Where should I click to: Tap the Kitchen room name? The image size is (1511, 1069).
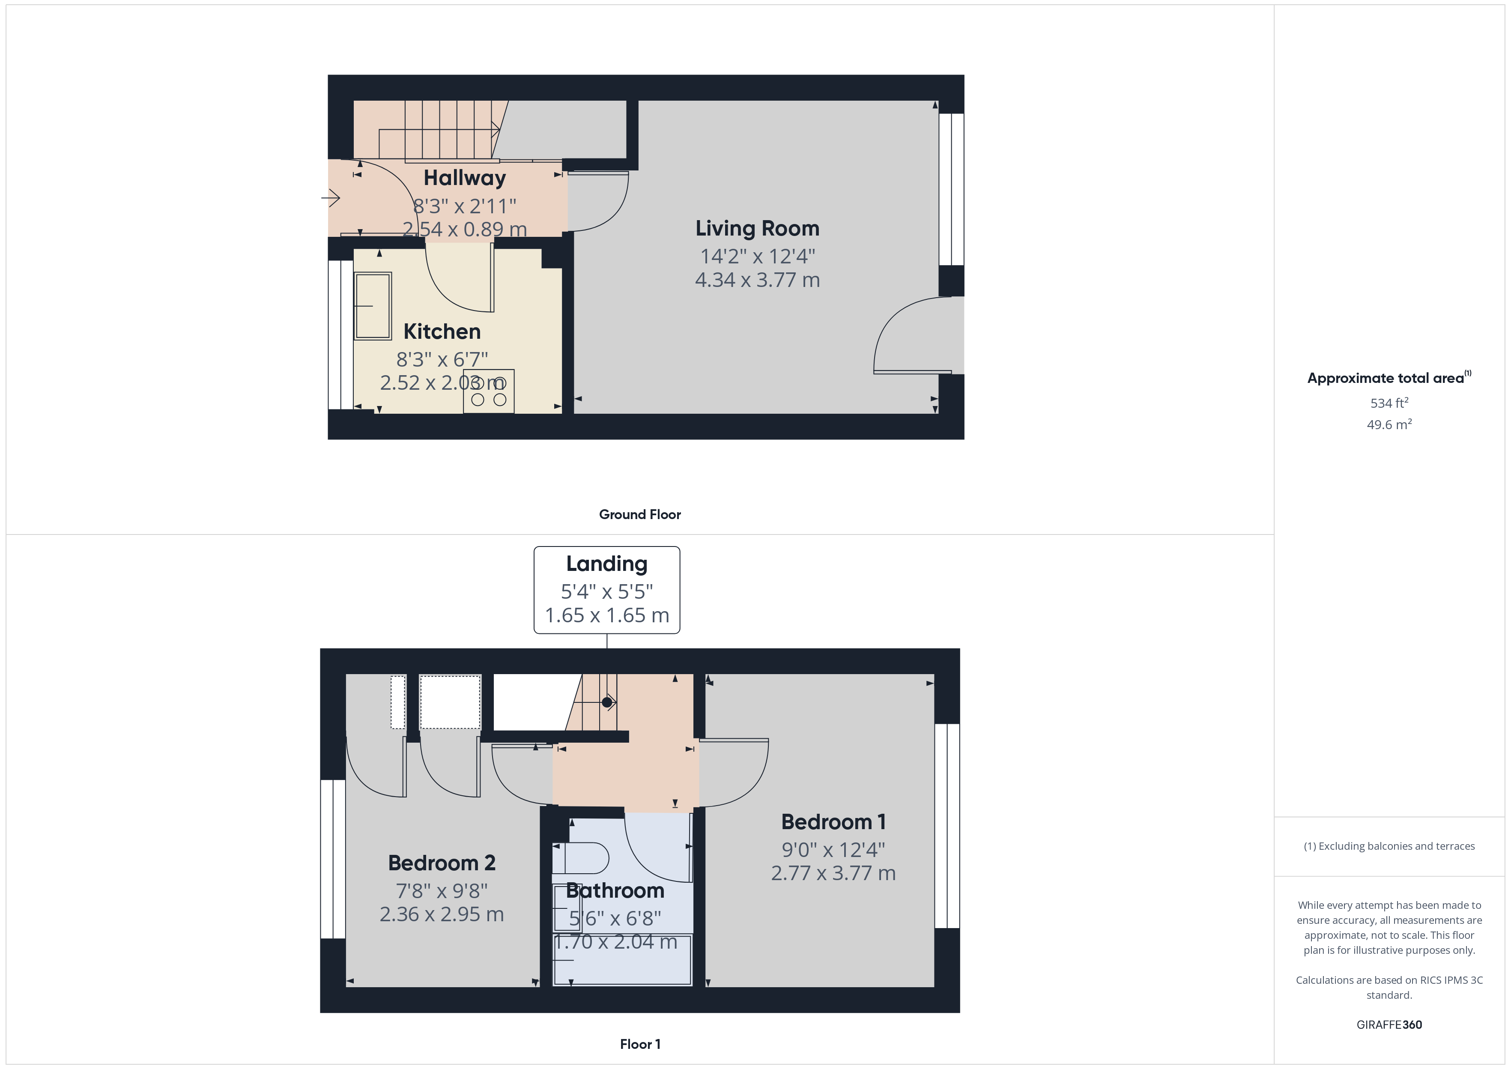point(442,331)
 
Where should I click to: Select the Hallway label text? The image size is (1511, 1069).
point(465,178)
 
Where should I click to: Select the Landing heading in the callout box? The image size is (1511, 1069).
point(607,564)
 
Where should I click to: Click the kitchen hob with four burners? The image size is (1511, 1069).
point(488,391)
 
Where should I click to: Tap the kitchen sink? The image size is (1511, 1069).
point(373,306)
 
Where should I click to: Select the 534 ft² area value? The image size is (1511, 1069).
point(1389,403)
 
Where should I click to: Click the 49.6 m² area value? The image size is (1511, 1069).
point(1389,424)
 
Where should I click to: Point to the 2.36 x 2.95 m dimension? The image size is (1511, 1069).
point(442,914)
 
